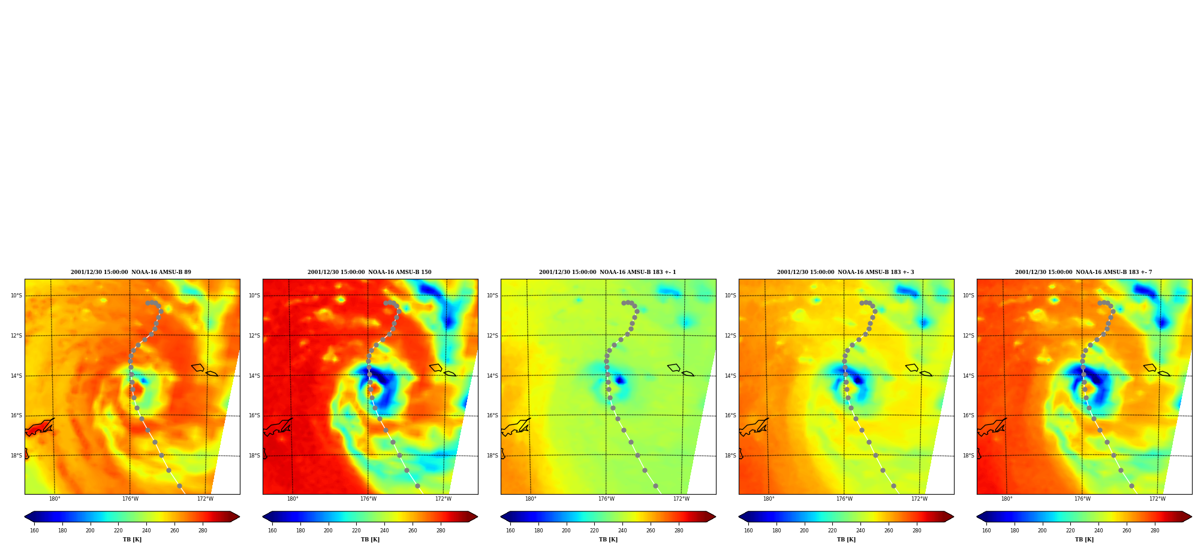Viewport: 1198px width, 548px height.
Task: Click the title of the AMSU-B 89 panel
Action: (x=131, y=272)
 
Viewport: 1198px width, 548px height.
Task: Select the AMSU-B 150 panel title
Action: (x=369, y=272)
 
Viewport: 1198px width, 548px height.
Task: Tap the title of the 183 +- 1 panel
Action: (x=607, y=272)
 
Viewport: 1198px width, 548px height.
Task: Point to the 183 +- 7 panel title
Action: (x=1083, y=272)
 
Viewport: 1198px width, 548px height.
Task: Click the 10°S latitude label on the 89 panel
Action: (x=16, y=296)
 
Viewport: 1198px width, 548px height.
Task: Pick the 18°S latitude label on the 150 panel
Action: (x=254, y=456)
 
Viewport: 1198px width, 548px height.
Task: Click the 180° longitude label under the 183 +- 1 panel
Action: (x=531, y=499)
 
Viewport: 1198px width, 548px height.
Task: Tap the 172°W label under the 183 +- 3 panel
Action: (x=919, y=499)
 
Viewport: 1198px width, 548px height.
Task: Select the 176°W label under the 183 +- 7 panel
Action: (x=1082, y=499)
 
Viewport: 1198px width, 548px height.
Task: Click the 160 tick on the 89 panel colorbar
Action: (x=34, y=531)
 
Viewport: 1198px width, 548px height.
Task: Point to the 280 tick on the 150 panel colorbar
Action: (x=441, y=531)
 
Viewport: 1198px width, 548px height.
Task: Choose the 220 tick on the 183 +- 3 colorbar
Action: (x=832, y=531)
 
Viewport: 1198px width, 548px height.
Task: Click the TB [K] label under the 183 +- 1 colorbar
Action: (x=608, y=540)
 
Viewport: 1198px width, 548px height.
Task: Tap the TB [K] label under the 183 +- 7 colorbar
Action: (x=1084, y=540)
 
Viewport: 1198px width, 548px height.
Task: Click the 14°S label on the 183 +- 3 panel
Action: (x=730, y=376)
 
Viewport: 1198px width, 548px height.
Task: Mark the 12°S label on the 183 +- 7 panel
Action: (x=968, y=336)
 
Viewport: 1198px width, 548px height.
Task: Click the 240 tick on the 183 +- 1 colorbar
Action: (x=622, y=531)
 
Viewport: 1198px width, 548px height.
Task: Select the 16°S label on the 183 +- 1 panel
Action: (x=492, y=415)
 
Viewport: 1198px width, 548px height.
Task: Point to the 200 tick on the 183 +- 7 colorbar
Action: (x=1042, y=531)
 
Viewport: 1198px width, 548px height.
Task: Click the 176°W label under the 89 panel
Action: (x=130, y=499)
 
